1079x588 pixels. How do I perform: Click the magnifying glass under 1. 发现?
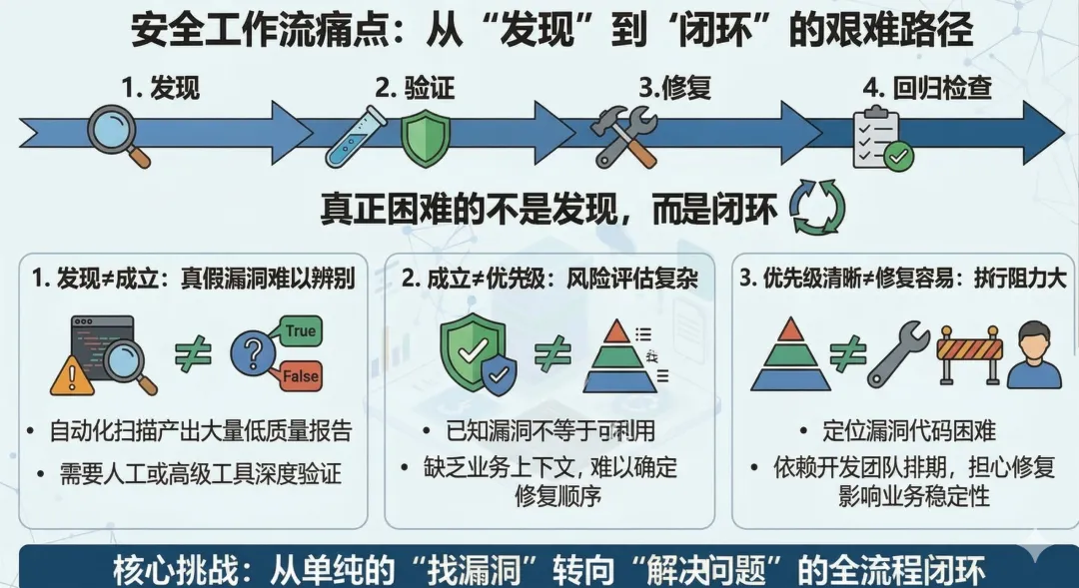tap(118, 135)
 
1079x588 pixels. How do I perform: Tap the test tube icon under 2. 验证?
tap(357, 136)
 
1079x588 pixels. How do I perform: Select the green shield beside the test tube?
tap(419, 139)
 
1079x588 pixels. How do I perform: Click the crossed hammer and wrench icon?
tap(624, 136)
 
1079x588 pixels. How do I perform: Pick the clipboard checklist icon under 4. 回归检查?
tap(880, 140)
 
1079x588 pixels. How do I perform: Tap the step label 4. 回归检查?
tap(927, 88)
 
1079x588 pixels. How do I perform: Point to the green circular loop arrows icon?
tap(817, 208)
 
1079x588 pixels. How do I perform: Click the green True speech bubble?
tap(299, 331)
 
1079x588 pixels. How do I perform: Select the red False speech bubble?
tap(300, 375)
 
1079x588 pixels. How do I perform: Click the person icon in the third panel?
tap(1034, 354)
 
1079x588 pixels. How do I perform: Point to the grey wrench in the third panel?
tap(898, 354)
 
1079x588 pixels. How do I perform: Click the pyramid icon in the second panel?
tap(621, 357)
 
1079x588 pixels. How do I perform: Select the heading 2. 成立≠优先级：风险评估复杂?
tap(549, 280)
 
